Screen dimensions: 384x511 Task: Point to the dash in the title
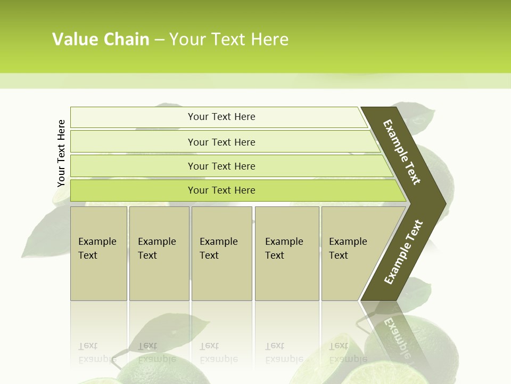coord(159,40)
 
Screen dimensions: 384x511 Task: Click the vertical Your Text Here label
coord(61,153)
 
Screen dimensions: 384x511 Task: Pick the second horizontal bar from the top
coord(221,142)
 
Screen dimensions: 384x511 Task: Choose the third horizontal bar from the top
coord(221,166)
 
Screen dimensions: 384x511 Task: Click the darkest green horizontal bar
coord(221,190)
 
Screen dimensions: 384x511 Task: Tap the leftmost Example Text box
coord(98,253)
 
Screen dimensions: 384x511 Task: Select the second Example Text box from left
coord(159,253)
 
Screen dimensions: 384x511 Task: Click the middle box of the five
coord(221,253)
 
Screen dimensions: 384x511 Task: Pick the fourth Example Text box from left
coord(287,253)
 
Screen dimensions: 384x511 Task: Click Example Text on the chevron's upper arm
coord(402,152)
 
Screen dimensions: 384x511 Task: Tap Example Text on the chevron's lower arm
coord(403,252)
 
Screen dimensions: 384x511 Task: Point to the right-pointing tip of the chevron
coord(443,203)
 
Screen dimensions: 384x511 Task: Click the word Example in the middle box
coord(218,242)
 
